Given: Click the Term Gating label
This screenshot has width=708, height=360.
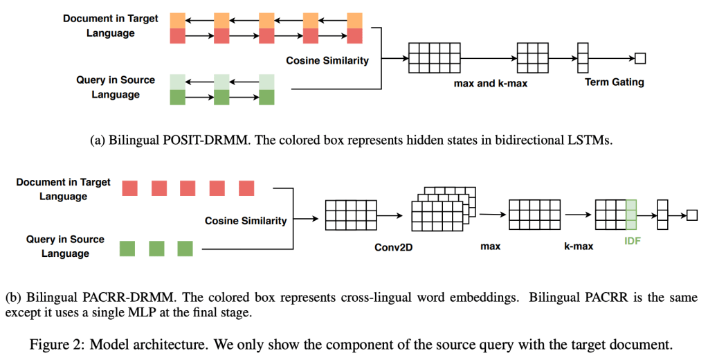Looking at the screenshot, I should [x=614, y=82].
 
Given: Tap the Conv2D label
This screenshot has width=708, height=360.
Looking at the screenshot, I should [x=394, y=246].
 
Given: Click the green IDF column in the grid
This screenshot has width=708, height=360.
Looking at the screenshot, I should [x=630, y=215].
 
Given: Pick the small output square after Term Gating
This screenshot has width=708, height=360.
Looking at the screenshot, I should [x=640, y=58].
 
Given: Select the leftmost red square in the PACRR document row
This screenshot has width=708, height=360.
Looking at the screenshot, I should [x=129, y=188].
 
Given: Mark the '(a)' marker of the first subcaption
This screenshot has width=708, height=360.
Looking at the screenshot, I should [x=98, y=140].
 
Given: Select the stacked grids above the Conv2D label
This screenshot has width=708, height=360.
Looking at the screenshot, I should [x=442, y=206].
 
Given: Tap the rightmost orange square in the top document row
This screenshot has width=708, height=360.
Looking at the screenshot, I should [x=354, y=21].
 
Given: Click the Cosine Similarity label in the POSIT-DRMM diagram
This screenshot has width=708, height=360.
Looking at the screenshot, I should [x=327, y=61].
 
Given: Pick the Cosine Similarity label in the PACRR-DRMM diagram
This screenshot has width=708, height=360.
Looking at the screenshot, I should [x=246, y=221].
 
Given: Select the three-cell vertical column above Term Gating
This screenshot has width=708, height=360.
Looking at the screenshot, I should [x=583, y=58].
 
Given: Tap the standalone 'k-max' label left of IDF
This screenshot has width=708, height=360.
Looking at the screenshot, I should [x=578, y=246].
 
